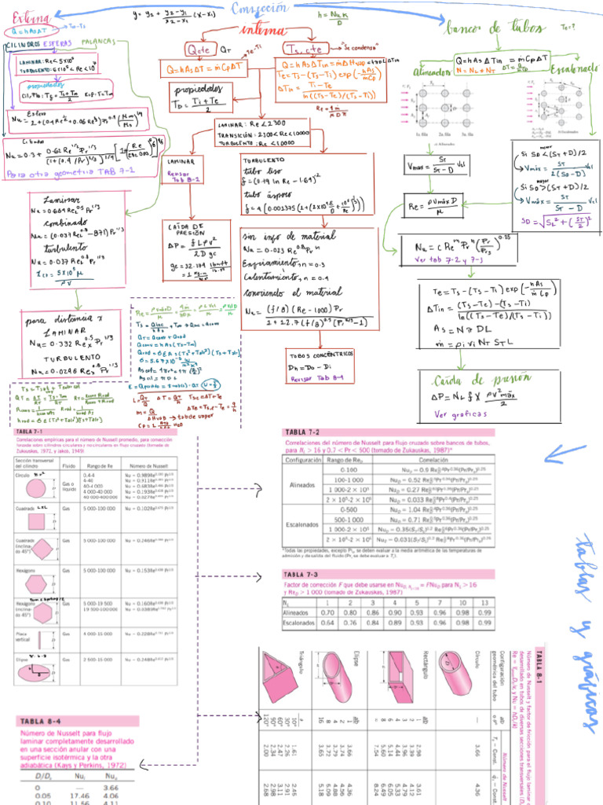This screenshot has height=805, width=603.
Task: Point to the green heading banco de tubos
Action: (x=484, y=28)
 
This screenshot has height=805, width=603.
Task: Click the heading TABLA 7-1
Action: (x=31, y=432)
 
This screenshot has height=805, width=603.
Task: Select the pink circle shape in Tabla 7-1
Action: (x=35, y=487)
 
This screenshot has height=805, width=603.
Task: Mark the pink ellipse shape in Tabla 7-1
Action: (x=35, y=672)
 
